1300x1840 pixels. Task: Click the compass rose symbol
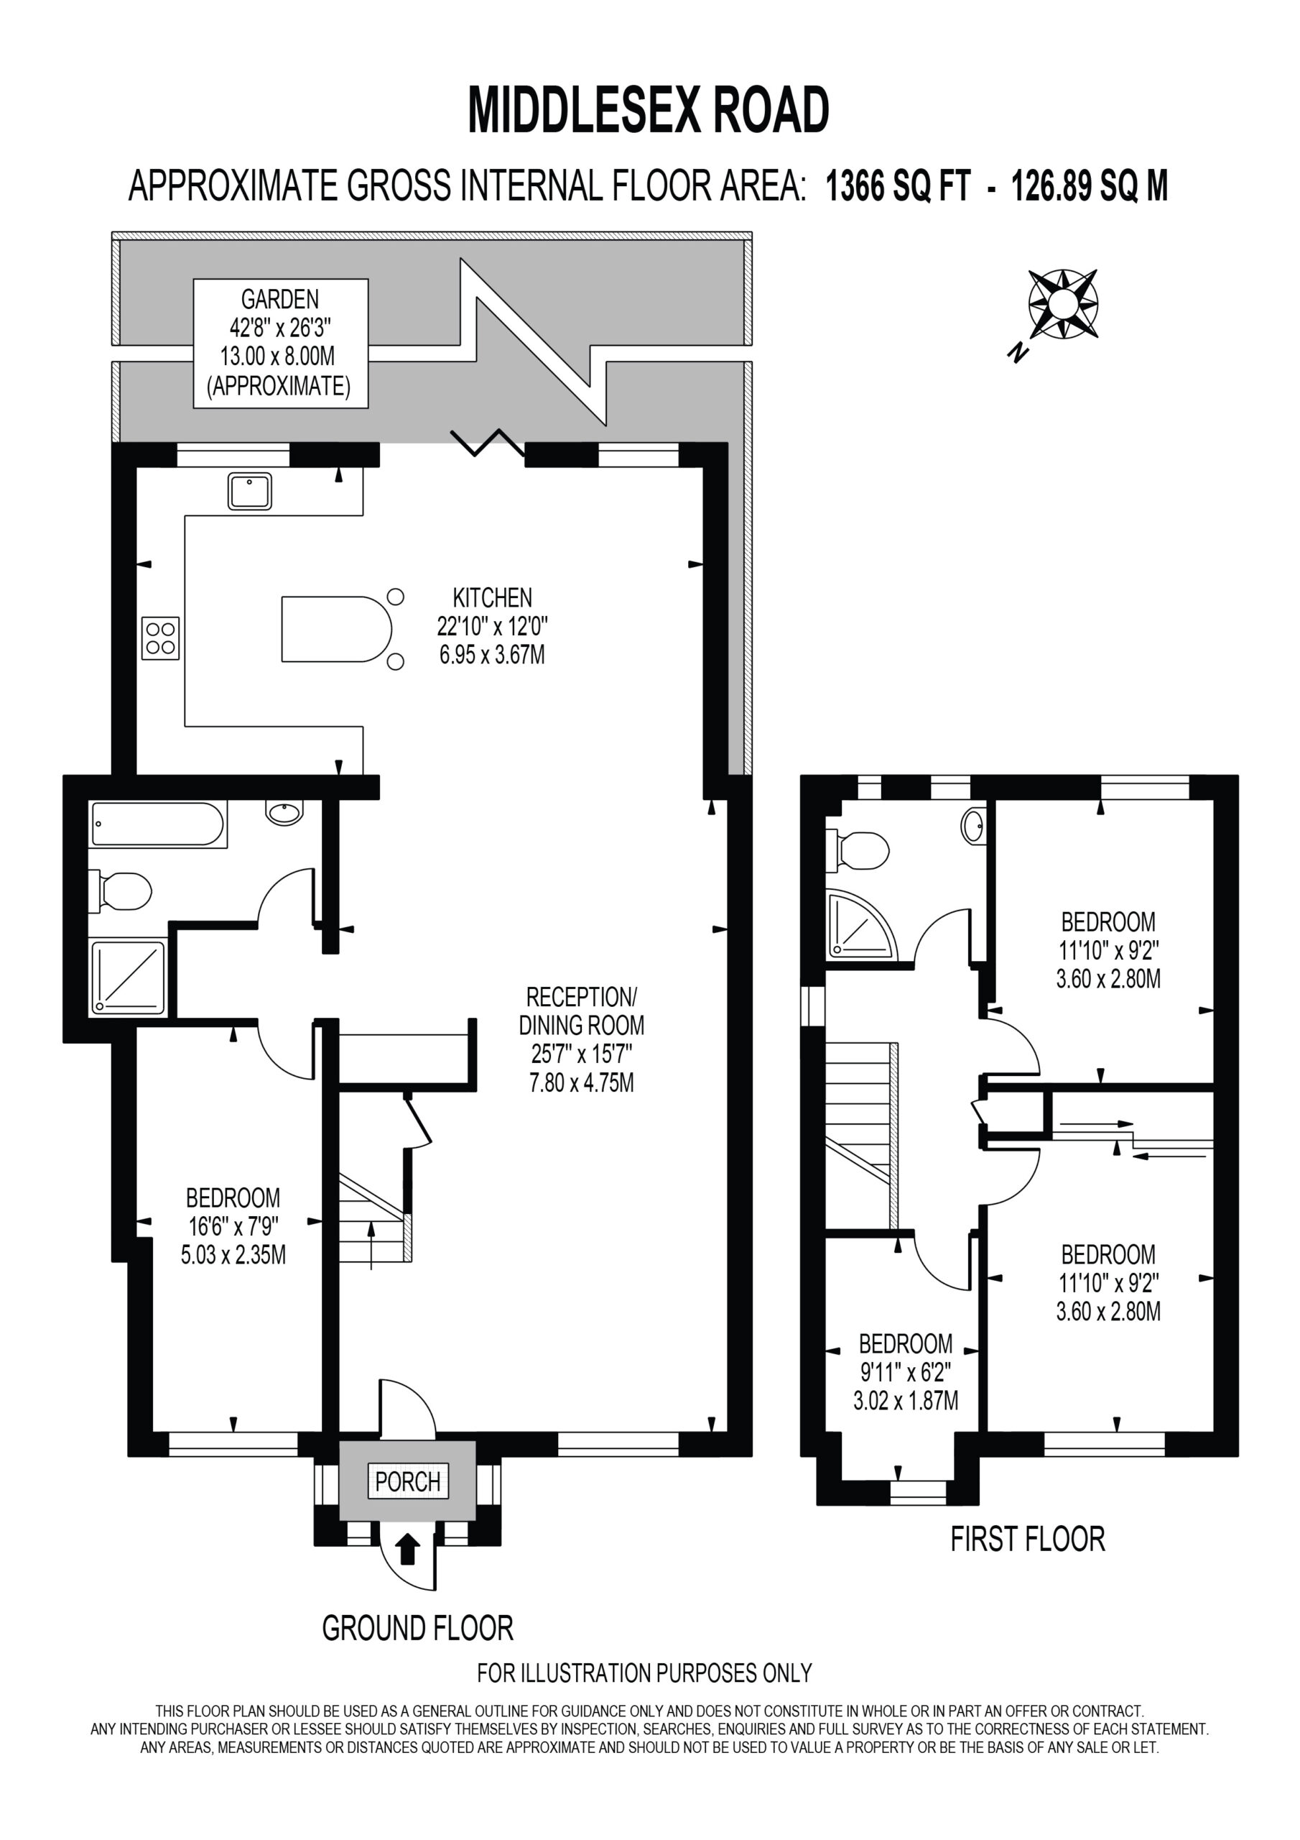click(x=1062, y=305)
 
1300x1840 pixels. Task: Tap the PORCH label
click(x=408, y=1482)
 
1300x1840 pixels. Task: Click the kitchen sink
click(x=250, y=491)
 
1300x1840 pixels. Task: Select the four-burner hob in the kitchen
click(x=161, y=638)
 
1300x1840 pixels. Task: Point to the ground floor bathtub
click(x=159, y=824)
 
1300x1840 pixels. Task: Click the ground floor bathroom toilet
click(x=120, y=891)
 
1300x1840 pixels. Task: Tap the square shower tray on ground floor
click(x=128, y=977)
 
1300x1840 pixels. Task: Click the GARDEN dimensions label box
click(x=280, y=343)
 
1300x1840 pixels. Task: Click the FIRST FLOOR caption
click(x=1028, y=1539)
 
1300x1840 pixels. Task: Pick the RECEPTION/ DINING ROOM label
click(x=582, y=1039)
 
